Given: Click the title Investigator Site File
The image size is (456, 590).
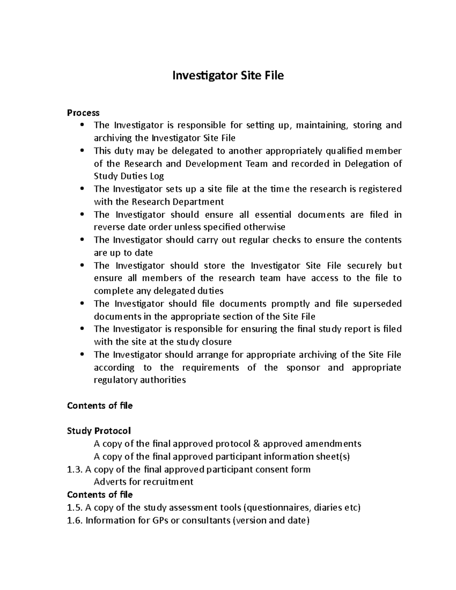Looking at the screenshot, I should pyautogui.click(x=228, y=76).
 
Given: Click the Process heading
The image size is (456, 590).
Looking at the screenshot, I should pyautogui.click(x=83, y=113).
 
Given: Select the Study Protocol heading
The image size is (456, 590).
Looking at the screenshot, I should pyautogui.click(x=99, y=431).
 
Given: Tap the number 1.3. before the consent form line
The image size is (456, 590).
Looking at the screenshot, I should pyautogui.click(x=74, y=470).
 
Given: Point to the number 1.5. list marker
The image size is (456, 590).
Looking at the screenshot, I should pyautogui.click(x=74, y=508).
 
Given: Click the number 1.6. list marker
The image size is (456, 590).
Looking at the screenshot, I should pyautogui.click(x=74, y=520).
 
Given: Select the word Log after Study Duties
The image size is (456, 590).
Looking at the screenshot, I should pyautogui.click(x=157, y=176).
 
